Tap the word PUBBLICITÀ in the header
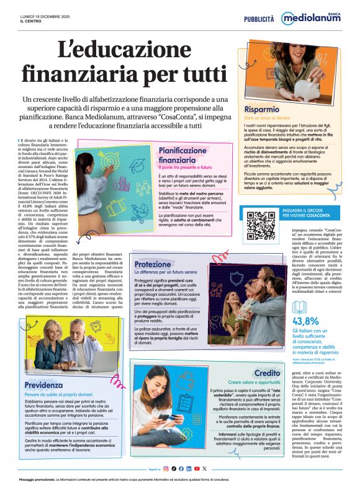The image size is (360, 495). click(259, 19)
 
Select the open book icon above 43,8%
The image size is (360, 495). click(300, 306)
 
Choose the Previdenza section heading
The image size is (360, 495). click(43, 368)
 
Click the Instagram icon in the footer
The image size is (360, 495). click(166, 468)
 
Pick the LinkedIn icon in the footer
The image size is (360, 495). click(189, 468)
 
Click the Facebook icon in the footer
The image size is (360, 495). click(181, 468)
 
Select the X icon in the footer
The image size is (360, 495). click(204, 468)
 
